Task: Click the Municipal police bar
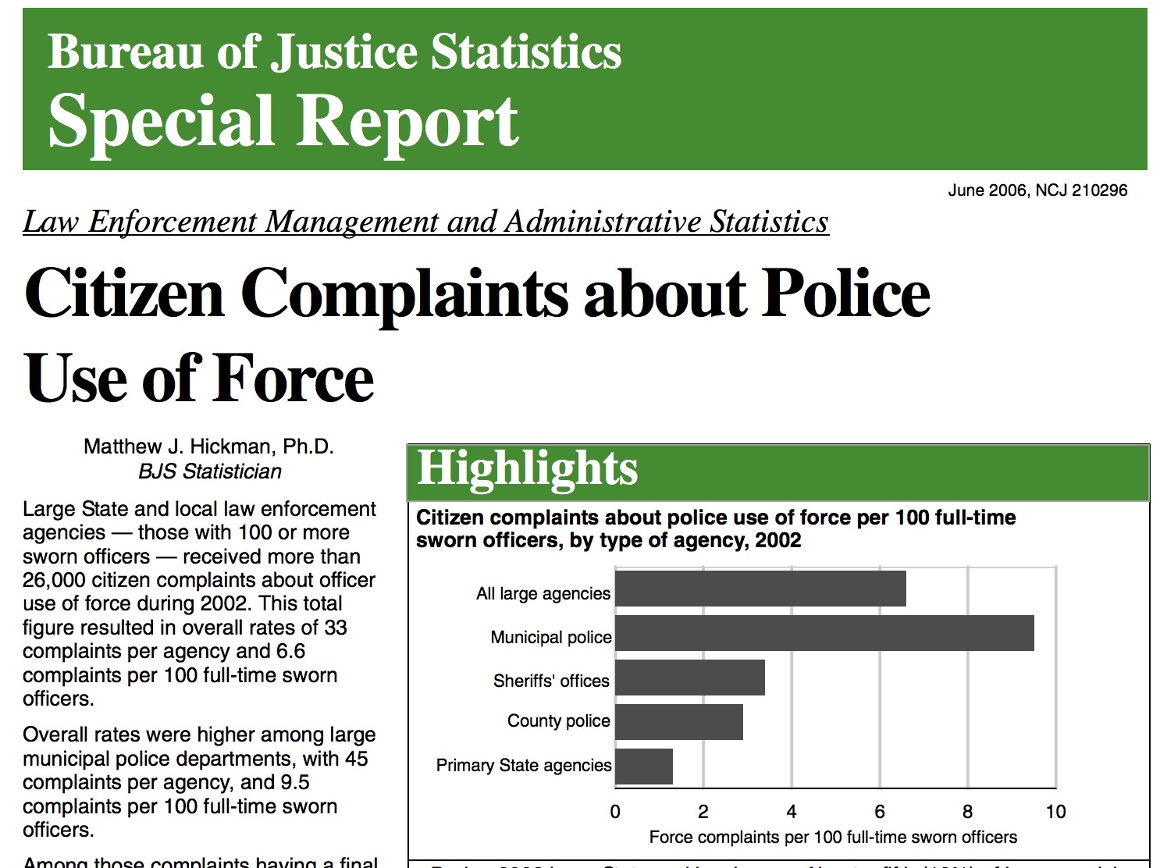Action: [824, 633]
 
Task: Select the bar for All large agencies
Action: [760, 589]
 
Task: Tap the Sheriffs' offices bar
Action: [690, 678]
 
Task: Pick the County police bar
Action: [679, 722]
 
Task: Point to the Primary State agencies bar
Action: [644, 767]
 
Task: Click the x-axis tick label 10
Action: [1055, 812]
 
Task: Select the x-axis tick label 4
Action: [792, 812]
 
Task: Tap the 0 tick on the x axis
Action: [615, 812]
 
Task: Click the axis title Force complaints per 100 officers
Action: [833, 838]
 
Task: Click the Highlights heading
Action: [528, 468]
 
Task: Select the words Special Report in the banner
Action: [283, 121]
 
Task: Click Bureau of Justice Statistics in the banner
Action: [334, 52]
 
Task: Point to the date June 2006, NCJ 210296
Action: [1037, 190]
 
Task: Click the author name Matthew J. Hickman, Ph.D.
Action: [208, 446]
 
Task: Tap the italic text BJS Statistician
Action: [209, 471]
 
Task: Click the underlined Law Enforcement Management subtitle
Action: [425, 222]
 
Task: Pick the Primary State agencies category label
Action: [524, 766]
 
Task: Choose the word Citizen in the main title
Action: [125, 294]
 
